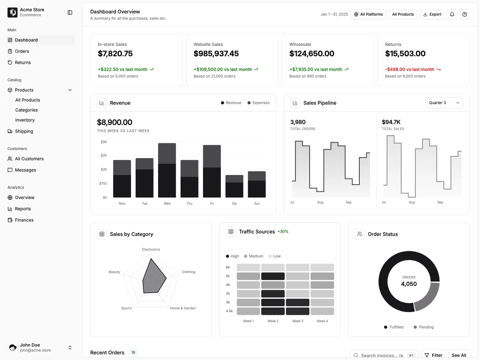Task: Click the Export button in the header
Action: (432, 14)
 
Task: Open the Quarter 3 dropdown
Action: (444, 103)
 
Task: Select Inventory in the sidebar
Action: (25, 120)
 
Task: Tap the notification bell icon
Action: (452, 14)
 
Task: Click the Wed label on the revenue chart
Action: (167, 203)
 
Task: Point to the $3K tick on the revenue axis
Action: (104, 142)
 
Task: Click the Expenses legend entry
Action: (258, 103)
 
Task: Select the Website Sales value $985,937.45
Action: (216, 54)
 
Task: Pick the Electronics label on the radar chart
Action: (151, 249)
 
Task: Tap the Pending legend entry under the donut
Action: (424, 327)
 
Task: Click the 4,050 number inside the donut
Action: (409, 284)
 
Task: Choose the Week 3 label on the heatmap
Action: (297, 321)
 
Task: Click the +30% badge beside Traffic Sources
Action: (283, 231)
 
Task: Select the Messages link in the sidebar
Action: (26, 170)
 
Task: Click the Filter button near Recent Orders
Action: (433, 355)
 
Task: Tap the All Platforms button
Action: (368, 14)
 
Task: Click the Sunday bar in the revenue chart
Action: (257, 185)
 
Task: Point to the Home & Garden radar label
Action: (183, 308)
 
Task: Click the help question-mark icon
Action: (465, 14)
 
